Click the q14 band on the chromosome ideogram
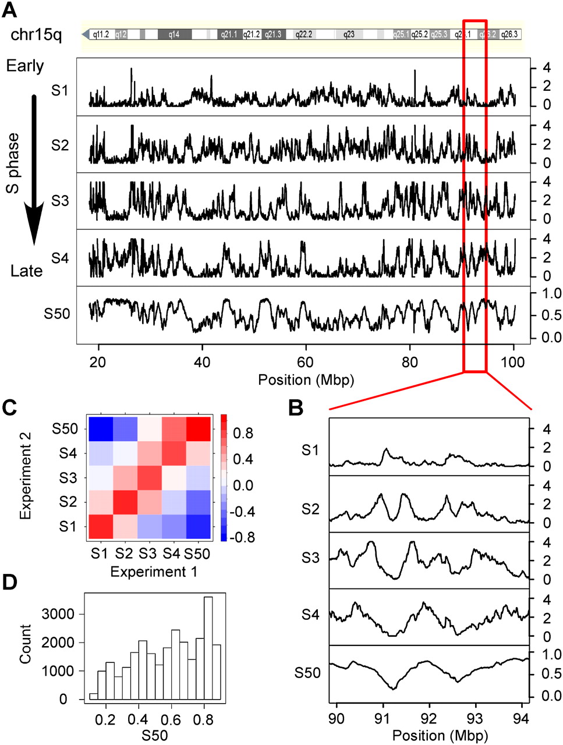(174, 35)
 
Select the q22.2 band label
(304, 35)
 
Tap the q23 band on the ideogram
(349, 35)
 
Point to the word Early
(25, 66)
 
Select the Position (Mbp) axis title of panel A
(306, 380)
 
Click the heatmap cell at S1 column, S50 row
(100, 429)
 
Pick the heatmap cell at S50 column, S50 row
(198, 429)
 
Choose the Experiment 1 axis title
(154, 572)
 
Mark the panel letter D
(11, 583)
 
